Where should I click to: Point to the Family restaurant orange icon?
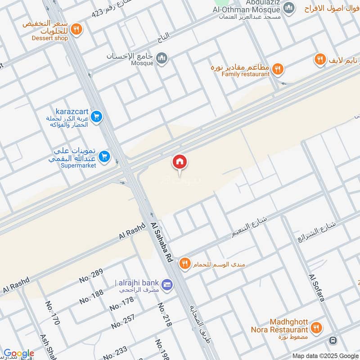pyautogui.click(x=278, y=69)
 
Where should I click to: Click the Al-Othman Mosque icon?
pyautogui.click(x=290, y=8)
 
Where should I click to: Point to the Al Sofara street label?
pyautogui.click(x=316, y=288)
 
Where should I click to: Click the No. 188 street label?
pyautogui.click(x=91, y=294)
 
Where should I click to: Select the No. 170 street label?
pyautogui.click(x=53, y=313)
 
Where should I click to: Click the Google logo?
pyautogui.click(x=18, y=353)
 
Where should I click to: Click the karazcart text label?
pyautogui.click(x=72, y=111)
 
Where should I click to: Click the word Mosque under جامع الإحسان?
pyautogui.click(x=142, y=63)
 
